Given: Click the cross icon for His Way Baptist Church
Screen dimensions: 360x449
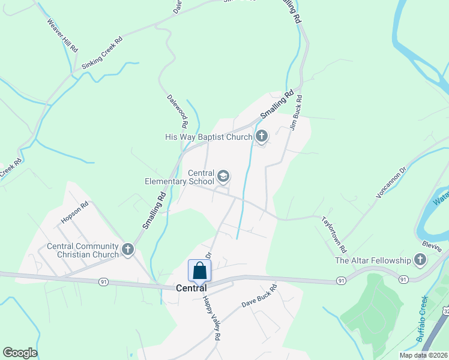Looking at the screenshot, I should pyautogui.click(x=261, y=137).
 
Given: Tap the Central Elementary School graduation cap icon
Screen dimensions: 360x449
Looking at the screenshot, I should pyautogui.click(x=223, y=176).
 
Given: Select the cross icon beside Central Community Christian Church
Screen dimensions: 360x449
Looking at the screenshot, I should pyautogui.click(x=127, y=250).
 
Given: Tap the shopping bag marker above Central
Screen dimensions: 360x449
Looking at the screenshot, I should pyautogui.click(x=199, y=271).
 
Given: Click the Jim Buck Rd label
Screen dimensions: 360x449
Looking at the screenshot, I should pyautogui.click(x=295, y=114).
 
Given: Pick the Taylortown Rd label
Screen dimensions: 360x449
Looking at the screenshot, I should pyautogui.click(x=334, y=233).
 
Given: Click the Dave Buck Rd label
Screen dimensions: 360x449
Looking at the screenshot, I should pyautogui.click(x=259, y=296).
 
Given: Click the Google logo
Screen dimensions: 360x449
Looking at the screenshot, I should pyautogui.click(x=20, y=353).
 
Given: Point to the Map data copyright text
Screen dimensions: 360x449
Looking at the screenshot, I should pyautogui.click(x=424, y=355).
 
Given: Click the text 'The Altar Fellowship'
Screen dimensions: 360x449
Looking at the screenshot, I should pyautogui.click(x=372, y=260).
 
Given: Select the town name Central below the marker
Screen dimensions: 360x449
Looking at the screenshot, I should pyautogui.click(x=191, y=288).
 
